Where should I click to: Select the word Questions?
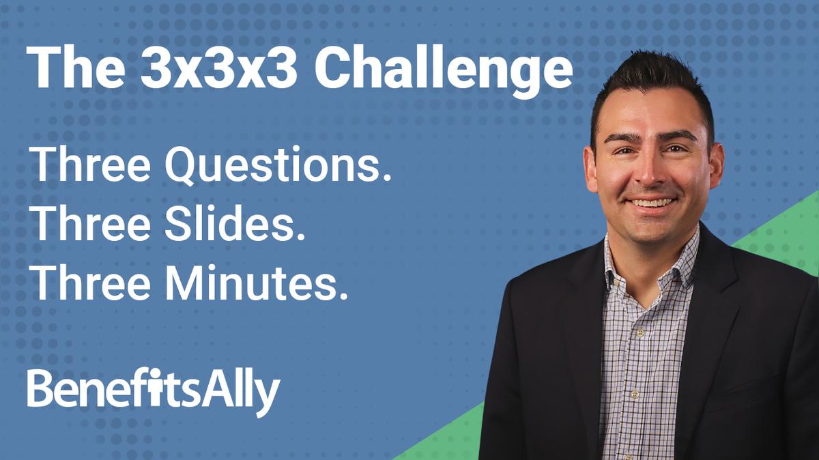[x=274, y=166]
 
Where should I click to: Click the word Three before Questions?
[x=90, y=166]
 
